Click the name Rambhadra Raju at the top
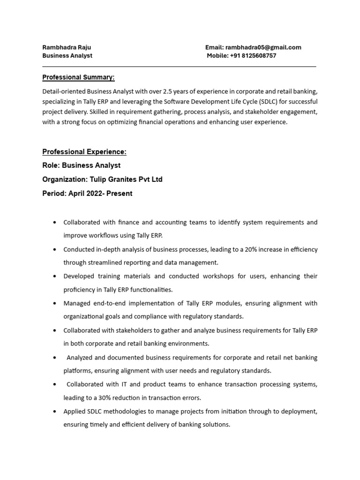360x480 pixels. coord(67,47)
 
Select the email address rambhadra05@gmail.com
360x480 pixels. coord(263,47)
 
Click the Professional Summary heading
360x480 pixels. coord(78,77)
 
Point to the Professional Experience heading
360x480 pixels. coord(84,152)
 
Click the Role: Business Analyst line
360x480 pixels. coord(81,165)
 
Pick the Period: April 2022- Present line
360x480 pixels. coord(87,194)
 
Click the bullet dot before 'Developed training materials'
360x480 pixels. coord(56,277)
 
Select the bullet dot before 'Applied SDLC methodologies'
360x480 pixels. coord(56,412)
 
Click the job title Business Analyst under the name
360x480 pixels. coord(67,56)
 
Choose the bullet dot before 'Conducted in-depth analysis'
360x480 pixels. coord(56,249)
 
